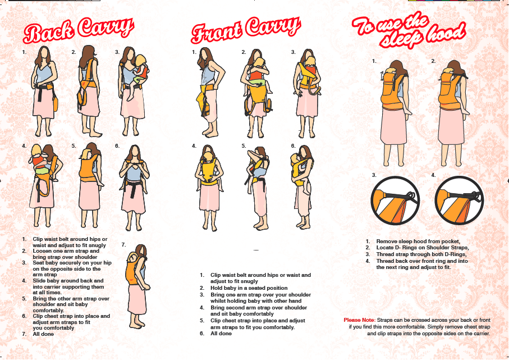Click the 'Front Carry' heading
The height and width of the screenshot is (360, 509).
245,30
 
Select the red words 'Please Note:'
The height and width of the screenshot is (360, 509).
359,320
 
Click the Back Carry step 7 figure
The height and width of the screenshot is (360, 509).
137,286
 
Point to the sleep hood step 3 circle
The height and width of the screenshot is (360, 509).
395,200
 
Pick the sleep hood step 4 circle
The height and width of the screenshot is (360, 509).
459,200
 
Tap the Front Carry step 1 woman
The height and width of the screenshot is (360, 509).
210,92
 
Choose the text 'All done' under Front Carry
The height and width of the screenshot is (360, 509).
221,334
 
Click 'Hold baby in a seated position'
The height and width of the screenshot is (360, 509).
249,288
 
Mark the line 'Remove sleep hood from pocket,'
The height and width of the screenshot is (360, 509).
418,241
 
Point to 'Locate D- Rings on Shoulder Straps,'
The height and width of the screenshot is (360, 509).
423,248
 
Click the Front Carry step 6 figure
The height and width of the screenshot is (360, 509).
302,187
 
